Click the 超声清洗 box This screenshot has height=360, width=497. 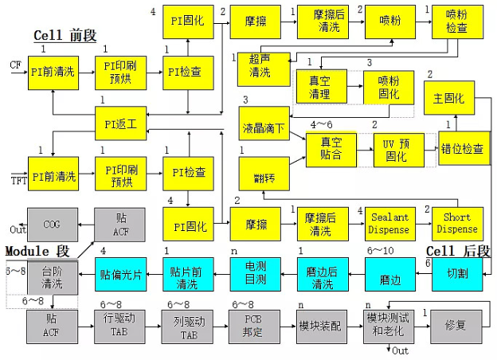[260, 67]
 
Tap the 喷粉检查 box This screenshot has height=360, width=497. [456, 22]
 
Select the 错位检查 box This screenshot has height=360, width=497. [464, 149]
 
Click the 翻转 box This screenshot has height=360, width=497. [264, 173]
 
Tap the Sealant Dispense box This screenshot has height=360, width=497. [389, 223]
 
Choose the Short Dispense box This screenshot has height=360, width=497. [456, 223]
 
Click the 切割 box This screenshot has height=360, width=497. [456, 273]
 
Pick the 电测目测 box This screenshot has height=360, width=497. [254, 273]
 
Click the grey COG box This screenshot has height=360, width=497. [52, 224]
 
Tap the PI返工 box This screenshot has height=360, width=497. [120, 123]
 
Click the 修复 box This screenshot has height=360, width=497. [456, 327]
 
